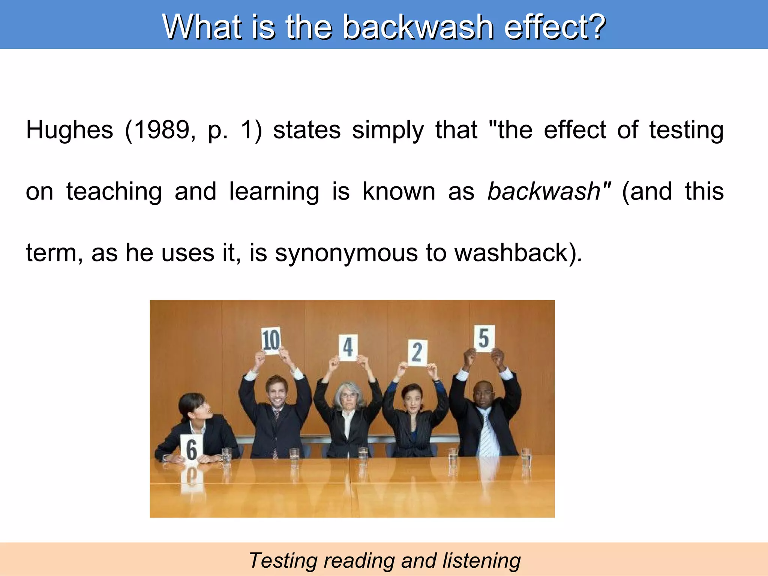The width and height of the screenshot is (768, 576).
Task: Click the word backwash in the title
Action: coord(418,27)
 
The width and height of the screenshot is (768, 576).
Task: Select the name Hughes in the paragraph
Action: coord(69,130)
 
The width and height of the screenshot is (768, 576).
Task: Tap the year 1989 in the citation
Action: coord(162,130)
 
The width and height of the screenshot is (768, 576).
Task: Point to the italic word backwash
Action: coord(544,191)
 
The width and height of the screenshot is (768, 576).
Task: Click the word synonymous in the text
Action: coord(346,253)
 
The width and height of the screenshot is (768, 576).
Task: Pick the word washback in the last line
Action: coord(511,253)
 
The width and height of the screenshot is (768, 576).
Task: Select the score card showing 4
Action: coord(348,347)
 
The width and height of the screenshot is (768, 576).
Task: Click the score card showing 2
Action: coord(417,352)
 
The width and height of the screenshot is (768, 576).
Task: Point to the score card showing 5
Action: coord(484,338)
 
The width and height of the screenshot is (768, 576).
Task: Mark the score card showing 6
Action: coord(192,449)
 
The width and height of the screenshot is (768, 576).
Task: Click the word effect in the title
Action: coord(555,27)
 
